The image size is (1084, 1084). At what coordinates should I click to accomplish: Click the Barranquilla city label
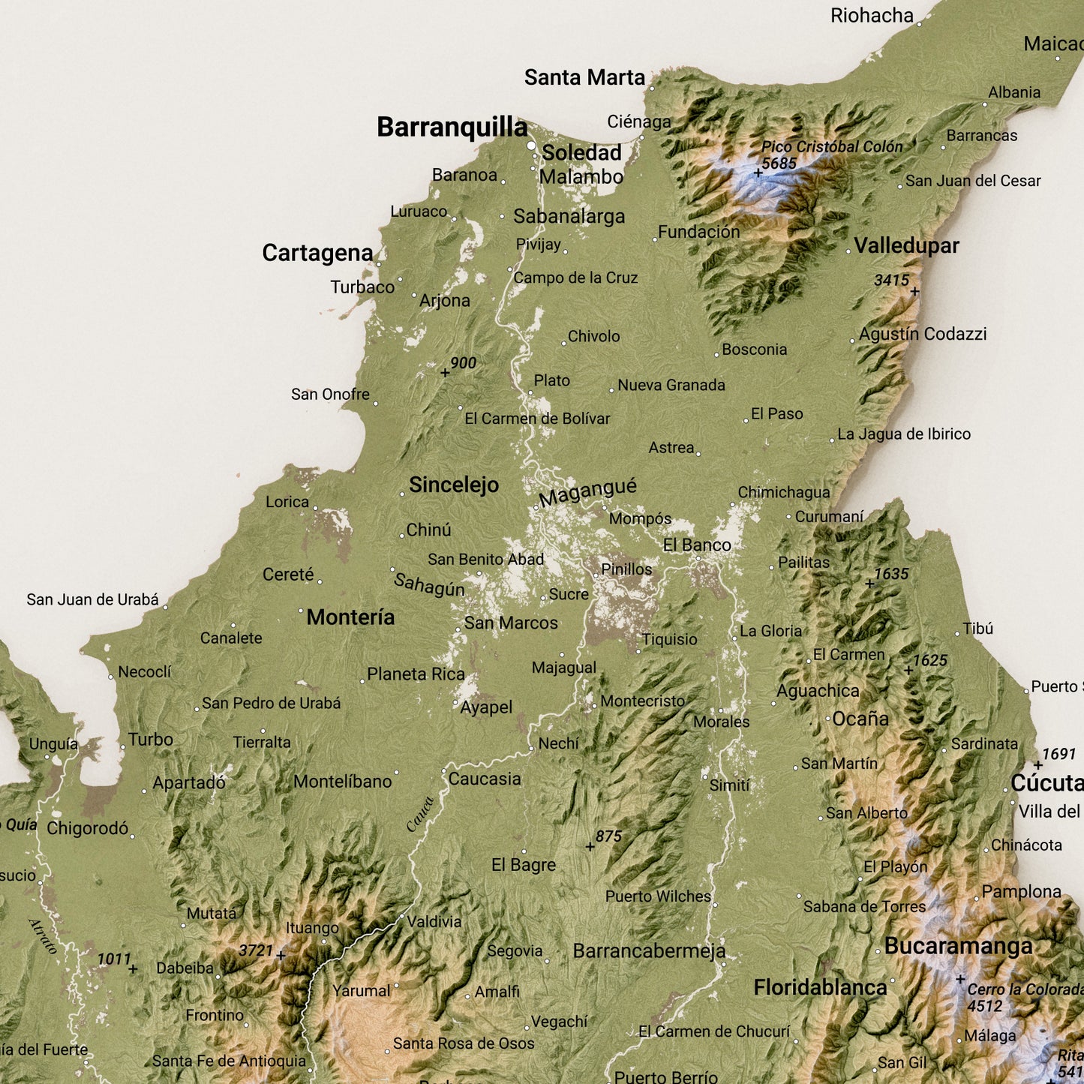coord(452,128)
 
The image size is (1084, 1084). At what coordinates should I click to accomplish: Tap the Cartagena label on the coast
coord(317,254)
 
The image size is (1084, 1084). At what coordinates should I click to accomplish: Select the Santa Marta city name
coord(584,78)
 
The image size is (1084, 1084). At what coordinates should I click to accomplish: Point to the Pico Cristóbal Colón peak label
coord(832,147)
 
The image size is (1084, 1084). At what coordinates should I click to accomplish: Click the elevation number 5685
coord(779,164)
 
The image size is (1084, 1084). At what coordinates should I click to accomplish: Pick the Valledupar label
coord(906,246)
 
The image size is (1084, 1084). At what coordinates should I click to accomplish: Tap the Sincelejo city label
coord(454,485)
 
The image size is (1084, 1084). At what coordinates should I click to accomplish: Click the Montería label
coord(350,617)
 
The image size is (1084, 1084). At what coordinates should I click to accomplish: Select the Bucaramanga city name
coord(958,947)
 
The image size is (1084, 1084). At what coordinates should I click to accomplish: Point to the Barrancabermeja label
coord(649,951)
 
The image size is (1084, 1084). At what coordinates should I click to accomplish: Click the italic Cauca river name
coord(420,814)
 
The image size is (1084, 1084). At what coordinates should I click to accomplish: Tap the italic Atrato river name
coord(43,935)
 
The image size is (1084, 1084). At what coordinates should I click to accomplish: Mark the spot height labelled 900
coord(463,363)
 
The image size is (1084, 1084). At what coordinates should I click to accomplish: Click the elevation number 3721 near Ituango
coord(256,950)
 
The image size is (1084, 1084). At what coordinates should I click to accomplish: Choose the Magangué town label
coord(587,493)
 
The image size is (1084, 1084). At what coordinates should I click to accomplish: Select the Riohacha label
coord(872,16)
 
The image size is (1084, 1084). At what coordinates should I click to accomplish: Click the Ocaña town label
coord(860,719)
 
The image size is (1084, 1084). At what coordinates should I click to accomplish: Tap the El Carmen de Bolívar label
coord(537,419)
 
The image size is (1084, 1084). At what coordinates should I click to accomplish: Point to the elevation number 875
coord(608,836)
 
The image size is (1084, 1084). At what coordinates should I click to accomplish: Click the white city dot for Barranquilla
coord(532,146)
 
